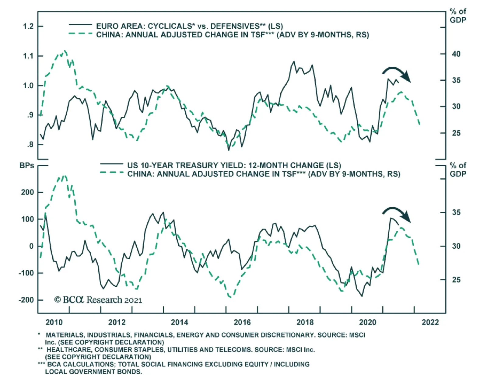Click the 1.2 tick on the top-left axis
click(28, 26)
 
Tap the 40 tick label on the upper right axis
click(456, 54)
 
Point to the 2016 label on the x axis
click(242, 322)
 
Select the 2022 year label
click(430, 322)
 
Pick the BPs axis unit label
click(27, 166)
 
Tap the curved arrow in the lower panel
click(397, 214)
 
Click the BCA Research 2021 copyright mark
click(98, 300)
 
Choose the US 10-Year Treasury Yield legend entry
click(234, 166)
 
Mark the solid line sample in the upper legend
click(80, 25)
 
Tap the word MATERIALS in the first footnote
click(63, 335)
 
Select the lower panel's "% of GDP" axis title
click(458, 170)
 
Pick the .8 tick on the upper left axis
click(30, 145)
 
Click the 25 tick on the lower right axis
click(456, 280)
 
